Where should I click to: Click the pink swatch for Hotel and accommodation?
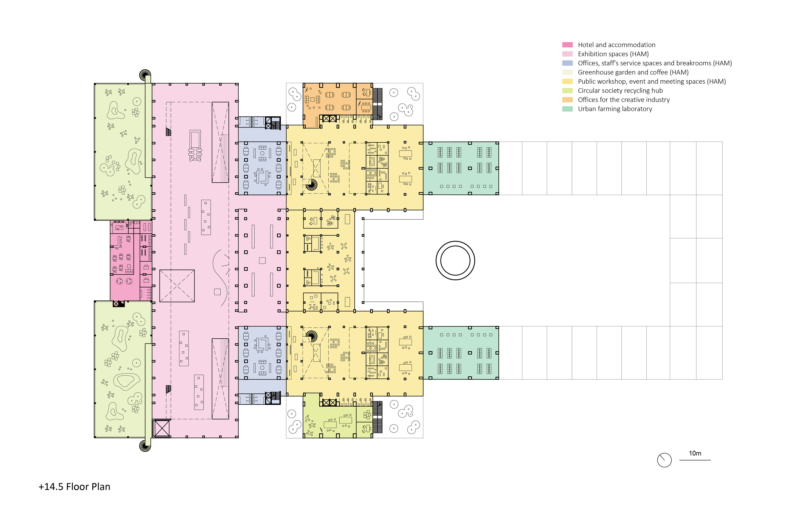[x=567, y=45]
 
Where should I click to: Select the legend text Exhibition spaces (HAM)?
[x=613, y=54]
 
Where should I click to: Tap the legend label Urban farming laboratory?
[x=615, y=109]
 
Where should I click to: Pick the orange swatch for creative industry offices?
[x=567, y=99]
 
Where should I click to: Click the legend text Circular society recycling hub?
[x=620, y=90]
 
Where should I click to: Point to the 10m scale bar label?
[x=695, y=453]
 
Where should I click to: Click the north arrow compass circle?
[x=664, y=460]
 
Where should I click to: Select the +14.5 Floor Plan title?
[x=75, y=487]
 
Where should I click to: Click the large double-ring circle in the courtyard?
[x=455, y=260]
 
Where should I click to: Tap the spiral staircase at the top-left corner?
[x=145, y=75]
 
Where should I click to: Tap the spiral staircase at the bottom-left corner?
[x=145, y=446]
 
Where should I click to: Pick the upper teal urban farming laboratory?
[x=461, y=168]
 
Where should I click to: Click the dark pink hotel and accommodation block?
[x=124, y=260]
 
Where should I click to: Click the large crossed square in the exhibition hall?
[x=177, y=286]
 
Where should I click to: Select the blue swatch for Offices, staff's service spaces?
[x=567, y=63]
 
